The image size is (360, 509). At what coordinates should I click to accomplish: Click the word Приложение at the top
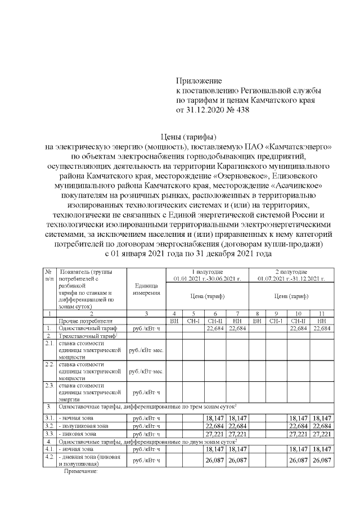click(x=199, y=81)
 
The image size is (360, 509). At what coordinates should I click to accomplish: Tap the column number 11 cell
click(x=322, y=313)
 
